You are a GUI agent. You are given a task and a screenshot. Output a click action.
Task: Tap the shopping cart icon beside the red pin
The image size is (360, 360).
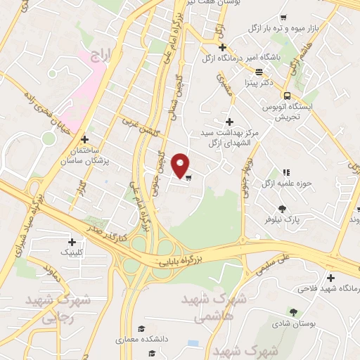188,177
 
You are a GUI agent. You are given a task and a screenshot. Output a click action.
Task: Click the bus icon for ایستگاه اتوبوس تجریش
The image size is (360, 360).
287,96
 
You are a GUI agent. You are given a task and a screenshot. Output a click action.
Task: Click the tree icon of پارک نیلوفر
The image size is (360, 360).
283,208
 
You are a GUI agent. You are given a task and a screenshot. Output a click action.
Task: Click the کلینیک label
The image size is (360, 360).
77,250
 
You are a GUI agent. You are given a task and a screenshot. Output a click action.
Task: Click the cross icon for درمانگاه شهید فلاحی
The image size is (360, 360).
331,277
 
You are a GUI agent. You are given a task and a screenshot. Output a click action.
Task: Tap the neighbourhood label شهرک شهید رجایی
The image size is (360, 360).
49,308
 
